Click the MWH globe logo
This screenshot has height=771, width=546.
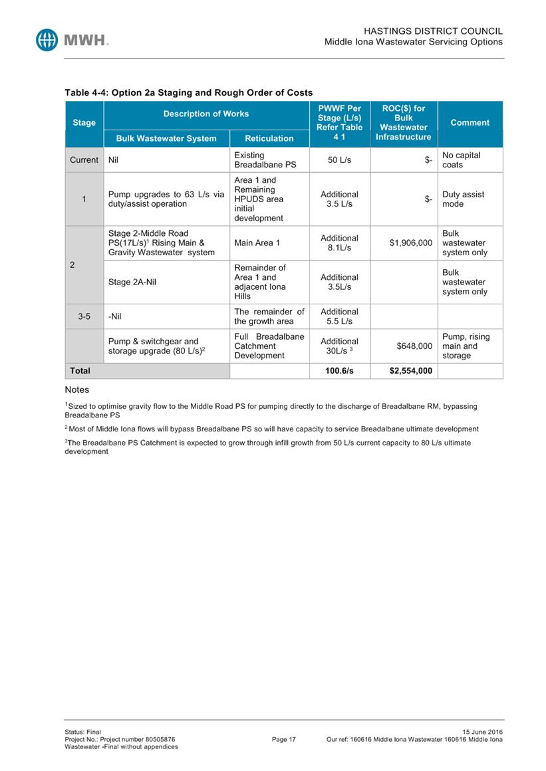point(49,40)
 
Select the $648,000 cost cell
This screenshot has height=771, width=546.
point(414,346)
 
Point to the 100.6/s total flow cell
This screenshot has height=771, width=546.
point(339,370)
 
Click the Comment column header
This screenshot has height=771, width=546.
point(470,123)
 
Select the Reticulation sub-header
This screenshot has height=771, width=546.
point(269,138)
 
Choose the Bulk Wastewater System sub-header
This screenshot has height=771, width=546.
point(166,138)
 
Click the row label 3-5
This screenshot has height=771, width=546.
point(84,317)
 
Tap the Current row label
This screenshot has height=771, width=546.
point(84,160)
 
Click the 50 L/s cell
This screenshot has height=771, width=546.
point(339,160)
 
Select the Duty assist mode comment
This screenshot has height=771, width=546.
point(463,199)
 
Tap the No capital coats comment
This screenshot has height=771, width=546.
point(461,160)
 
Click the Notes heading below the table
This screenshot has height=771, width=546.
point(76,390)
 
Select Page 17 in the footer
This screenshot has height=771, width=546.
point(284,739)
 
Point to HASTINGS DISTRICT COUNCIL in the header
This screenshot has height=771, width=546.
point(433,31)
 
